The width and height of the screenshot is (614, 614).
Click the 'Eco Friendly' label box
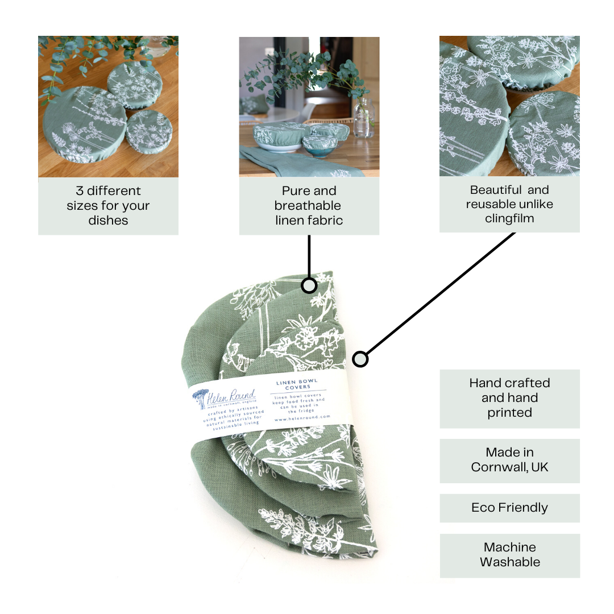(x=509, y=508)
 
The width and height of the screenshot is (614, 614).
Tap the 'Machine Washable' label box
(x=509, y=555)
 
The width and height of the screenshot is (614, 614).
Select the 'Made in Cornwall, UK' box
(x=509, y=460)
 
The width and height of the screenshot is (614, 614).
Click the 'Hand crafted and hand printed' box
(x=509, y=398)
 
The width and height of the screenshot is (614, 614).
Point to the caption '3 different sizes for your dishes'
(x=108, y=205)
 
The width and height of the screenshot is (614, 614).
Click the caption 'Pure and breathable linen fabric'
(x=309, y=205)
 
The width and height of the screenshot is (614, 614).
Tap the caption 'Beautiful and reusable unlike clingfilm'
(x=509, y=204)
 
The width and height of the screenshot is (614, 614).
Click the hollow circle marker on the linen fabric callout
(x=309, y=285)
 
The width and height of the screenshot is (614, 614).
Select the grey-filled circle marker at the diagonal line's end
(x=360, y=359)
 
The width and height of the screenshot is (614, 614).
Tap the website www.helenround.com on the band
(x=302, y=417)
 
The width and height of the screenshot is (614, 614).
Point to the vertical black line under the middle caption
(x=309, y=256)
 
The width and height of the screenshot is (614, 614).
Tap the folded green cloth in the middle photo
(x=296, y=162)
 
